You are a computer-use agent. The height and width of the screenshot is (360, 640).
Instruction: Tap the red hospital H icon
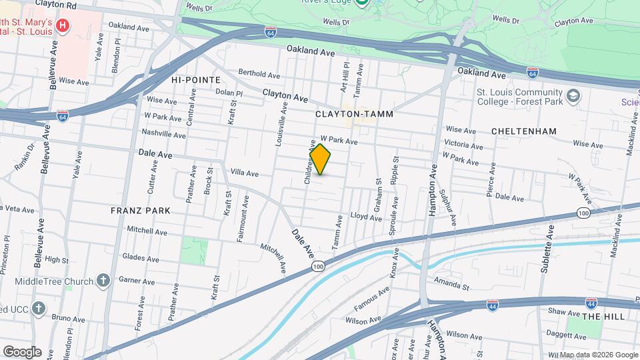tap(63, 26)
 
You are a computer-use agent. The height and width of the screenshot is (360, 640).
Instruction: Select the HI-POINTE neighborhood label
tap(195, 79)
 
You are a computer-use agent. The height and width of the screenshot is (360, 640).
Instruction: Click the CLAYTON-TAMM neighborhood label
tap(355, 114)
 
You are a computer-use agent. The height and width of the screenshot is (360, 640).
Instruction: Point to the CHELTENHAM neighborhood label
tap(523, 131)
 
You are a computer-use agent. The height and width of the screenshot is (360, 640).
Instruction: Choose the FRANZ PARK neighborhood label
tap(141, 211)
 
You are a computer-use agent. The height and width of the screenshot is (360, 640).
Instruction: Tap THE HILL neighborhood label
tap(602, 317)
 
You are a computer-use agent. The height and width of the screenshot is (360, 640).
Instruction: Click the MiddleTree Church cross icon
tap(103, 280)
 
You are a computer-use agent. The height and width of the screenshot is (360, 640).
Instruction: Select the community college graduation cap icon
tap(572, 97)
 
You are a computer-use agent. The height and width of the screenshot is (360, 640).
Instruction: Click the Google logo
tap(22, 351)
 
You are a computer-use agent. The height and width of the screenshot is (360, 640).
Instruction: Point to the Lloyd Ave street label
tap(366, 217)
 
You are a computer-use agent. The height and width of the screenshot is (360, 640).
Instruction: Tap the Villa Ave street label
tap(244, 173)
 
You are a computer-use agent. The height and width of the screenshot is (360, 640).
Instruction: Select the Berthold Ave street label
tap(259, 74)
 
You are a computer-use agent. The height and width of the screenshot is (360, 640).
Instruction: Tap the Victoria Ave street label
tap(464, 145)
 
